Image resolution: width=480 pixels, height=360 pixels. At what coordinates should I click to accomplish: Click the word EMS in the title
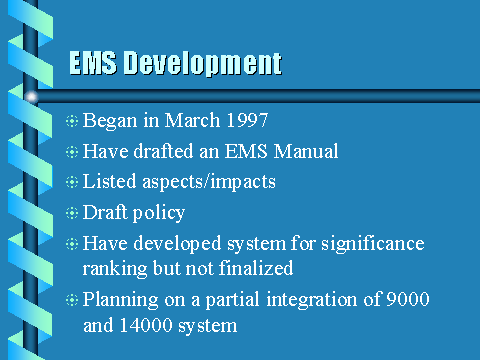(x=94, y=64)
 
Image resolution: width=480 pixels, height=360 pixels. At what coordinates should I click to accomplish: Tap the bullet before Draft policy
(x=70, y=214)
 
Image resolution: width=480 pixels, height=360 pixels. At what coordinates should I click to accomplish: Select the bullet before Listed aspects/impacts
(x=70, y=183)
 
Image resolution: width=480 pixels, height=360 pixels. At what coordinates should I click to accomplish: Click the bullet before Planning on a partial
(x=70, y=300)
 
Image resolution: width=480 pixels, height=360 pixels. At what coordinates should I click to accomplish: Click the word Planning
(x=115, y=300)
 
